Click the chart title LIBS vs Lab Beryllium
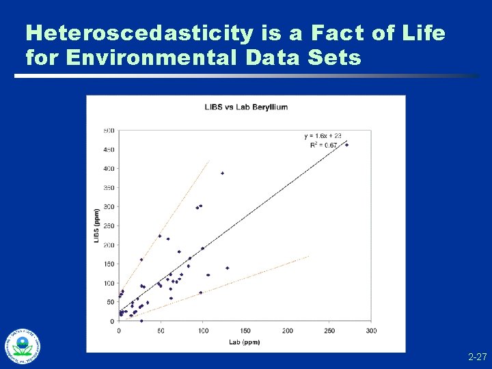point(247,107)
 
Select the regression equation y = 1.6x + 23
point(323,136)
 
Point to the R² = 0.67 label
point(322,145)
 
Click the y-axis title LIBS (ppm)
point(96,225)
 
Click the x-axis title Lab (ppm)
point(244,342)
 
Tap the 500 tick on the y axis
point(109,130)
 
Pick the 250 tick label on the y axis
point(109,225)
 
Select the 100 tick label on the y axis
point(109,283)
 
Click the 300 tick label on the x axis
point(371,331)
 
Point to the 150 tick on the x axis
point(245,331)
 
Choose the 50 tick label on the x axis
point(161,331)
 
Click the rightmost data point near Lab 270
point(346,145)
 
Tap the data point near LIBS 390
point(222,174)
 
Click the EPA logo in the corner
point(23,346)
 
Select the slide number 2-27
point(477,357)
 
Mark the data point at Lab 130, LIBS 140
point(228,268)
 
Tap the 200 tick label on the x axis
point(287,331)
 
